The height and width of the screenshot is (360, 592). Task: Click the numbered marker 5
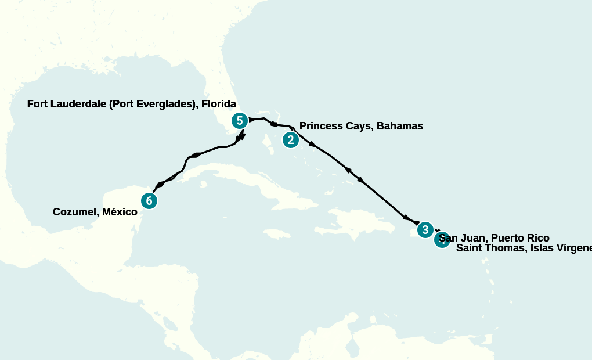[239, 121]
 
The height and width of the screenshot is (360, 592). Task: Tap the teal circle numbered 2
[290, 140]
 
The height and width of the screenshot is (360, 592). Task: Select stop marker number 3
[425, 230]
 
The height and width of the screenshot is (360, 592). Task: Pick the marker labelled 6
[149, 201]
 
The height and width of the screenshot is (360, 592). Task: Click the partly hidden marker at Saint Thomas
[442, 240]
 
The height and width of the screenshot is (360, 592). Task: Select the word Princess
[321, 126]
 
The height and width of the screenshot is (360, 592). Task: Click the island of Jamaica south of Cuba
[276, 233]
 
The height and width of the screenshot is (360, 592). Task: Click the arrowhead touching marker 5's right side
[252, 120]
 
